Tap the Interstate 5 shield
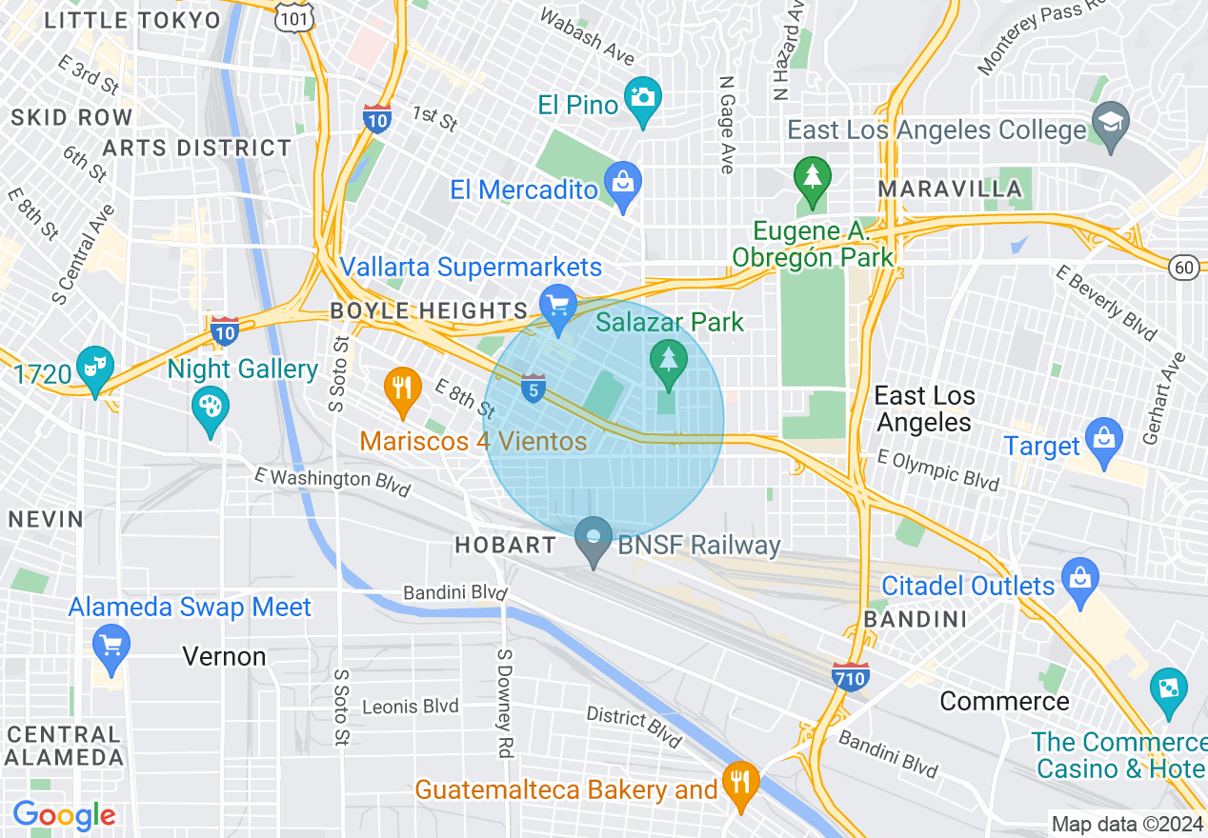pos(534,388)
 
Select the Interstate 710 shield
pos(850,676)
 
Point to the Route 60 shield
pos(1185,269)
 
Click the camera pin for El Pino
pos(643,98)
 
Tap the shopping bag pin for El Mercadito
pos(624,184)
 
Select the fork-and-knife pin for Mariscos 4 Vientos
pos(403,389)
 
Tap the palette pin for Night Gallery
pos(210,409)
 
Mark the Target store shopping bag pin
pos(1104,439)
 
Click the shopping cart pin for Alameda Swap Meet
pos(111,646)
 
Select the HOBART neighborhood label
pos(505,546)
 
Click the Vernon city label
pos(224,657)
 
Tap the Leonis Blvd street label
pos(411,707)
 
